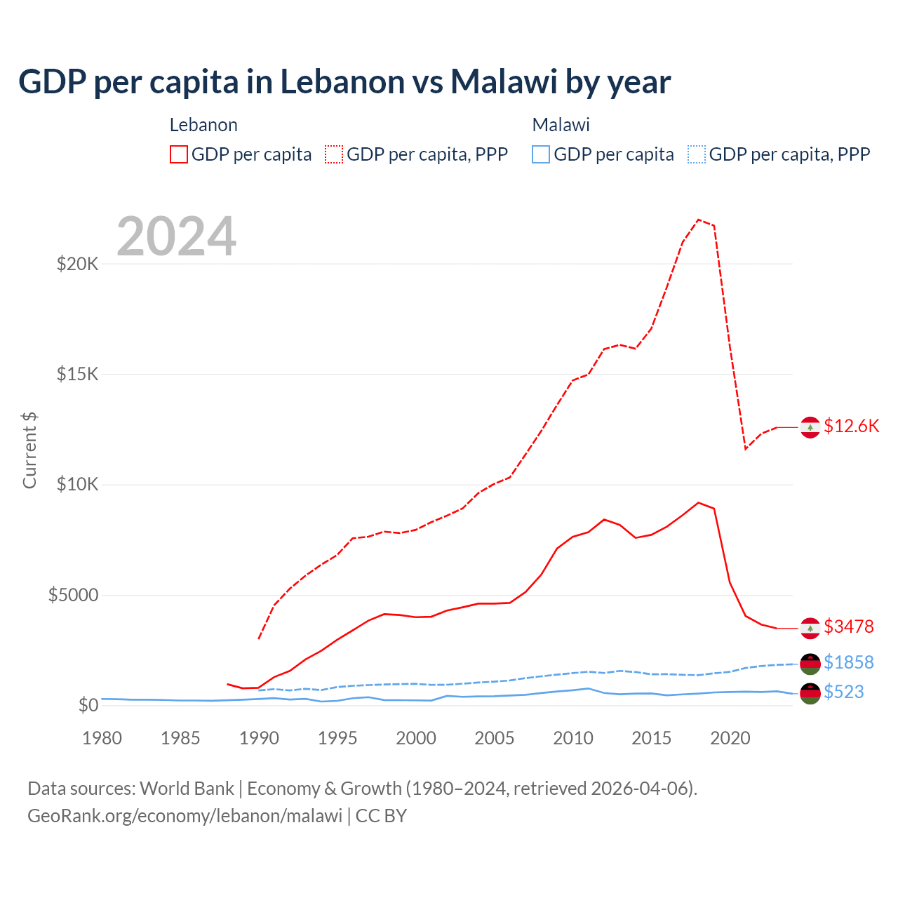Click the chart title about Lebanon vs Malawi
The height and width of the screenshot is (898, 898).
pyautogui.click(x=344, y=82)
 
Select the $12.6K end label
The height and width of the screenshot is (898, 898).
pyautogui.click(x=851, y=426)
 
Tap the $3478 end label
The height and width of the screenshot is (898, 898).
pyautogui.click(x=849, y=626)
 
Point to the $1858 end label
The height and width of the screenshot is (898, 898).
pyautogui.click(x=849, y=662)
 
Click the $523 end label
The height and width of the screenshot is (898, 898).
pyautogui.click(x=844, y=692)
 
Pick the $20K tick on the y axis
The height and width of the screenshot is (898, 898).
pyautogui.click(x=77, y=264)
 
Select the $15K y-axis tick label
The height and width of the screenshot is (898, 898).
pyautogui.click(x=77, y=374)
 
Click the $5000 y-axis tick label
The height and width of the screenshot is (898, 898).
pyautogui.click(x=73, y=596)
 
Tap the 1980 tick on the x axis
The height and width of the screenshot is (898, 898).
pyautogui.click(x=102, y=738)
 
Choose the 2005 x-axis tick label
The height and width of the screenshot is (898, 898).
pyautogui.click(x=495, y=738)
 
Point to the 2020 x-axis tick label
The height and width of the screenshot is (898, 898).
pyautogui.click(x=730, y=738)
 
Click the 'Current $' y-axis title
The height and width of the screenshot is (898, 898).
pyautogui.click(x=29, y=450)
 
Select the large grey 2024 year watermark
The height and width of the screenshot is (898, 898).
pyautogui.click(x=176, y=237)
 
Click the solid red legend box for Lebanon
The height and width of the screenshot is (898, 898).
pyautogui.click(x=179, y=154)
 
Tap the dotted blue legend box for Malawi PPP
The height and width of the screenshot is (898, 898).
pyautogui.click(x=697, y=154)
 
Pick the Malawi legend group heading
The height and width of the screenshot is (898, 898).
pyautogui.click(x=561, y=125)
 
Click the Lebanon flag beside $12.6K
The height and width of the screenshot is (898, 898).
pyautogui.click(x=810, y=427)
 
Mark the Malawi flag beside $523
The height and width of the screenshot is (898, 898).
pyautogui.click(x=810, y=693)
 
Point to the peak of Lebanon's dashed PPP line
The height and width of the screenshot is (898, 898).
pyautogui.click(x=699, y=220)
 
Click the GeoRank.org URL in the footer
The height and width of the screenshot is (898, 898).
pyautogui.click(x=185, y=816)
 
